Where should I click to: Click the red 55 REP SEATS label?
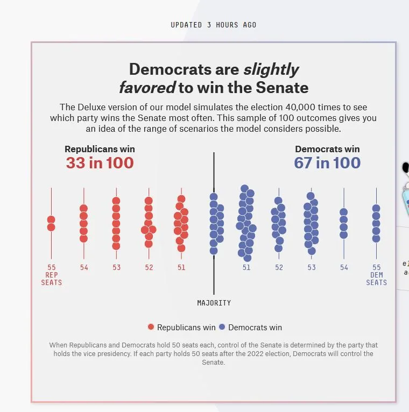tap(52, 274)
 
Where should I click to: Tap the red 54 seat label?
tap(84, 267)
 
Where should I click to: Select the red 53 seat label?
tap(117, 267)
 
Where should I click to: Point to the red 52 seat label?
tap(149, 267)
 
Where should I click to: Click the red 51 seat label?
tap(181, 267)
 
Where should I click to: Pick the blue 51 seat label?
tap(246, 267)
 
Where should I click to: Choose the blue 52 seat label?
tap(279, 267)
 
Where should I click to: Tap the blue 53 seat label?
tap(312, 267)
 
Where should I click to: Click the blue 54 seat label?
tap(344, 267)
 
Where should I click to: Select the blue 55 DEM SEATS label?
tap(376, 274)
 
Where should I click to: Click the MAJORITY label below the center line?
tap(214, 303)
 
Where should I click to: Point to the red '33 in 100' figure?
tap(100, 163)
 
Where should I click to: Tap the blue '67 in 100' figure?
tap(327, 163)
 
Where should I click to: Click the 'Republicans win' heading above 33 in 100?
tap(100, 149)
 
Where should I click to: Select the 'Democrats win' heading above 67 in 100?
tap(327, 149)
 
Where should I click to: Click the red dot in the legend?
tap(151, 327)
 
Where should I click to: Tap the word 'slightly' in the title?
tap(271, 69)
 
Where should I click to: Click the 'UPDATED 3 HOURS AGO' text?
tap(214, 25)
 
